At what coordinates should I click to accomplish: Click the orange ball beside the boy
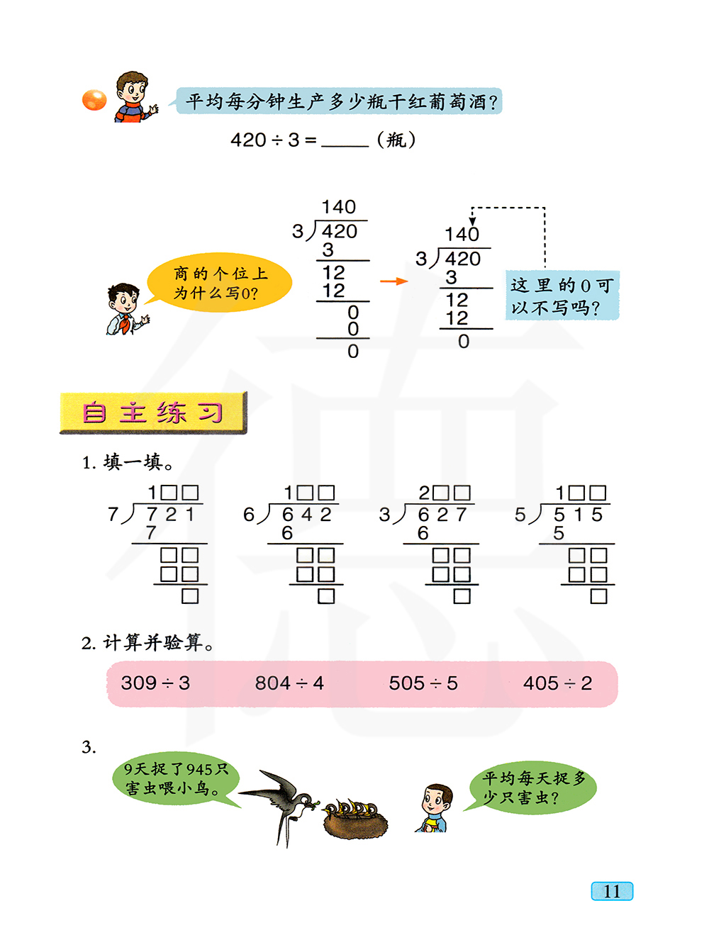tap(94, 100)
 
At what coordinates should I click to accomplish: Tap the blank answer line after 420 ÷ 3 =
tap(345, 141)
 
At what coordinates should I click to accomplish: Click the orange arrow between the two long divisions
tap(393, 281)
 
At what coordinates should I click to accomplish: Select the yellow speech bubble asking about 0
tap(219, 283)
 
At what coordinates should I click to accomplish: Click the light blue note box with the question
tap(562, 296)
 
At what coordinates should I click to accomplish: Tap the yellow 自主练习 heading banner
tap(153, 413)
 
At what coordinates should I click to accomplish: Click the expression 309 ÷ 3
tap(155, 683)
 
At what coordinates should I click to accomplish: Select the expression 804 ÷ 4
tap(289, 683)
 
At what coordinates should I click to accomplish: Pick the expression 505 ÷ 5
tap(423, 683)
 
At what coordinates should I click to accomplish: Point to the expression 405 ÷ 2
tap(557, 683)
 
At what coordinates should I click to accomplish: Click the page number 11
tap(612, 891)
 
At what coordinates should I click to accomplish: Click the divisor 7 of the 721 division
tap(113, 515)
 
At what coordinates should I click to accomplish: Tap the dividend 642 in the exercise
tap(306, 515)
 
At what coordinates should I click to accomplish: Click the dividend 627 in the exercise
tap(442, 515)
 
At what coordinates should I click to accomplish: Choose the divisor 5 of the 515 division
tap(520, 515)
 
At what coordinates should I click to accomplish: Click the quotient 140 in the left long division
tap(338, 207)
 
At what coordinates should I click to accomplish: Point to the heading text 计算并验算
tap(152, 643)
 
